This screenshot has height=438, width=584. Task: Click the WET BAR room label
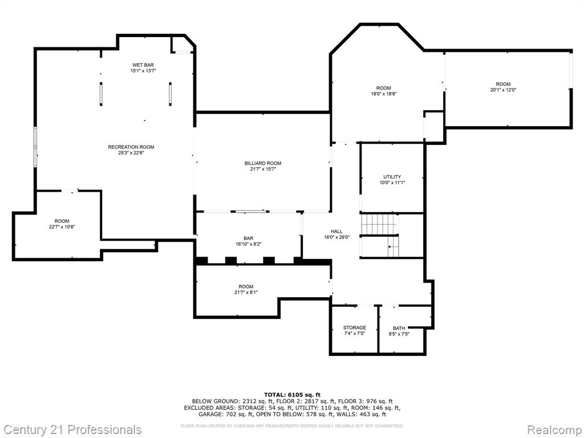pos(143,65)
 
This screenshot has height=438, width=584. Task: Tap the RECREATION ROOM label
pos(131,147)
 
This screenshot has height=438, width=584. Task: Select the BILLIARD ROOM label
pos(263,163)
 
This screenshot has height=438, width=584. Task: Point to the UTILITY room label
pos(392,177)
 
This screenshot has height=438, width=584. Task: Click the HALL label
pos(336,232)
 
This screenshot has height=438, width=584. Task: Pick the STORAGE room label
pos(355,328)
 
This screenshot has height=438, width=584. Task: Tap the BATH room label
pos(399,328)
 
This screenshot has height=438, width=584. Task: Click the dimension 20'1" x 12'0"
pos(503,90)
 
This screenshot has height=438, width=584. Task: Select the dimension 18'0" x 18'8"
pos(384,94)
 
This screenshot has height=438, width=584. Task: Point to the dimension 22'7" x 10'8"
pos(62,227)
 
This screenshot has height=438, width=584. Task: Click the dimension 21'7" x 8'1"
pos(246,293)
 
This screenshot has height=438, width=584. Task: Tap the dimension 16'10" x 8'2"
pos(249,244)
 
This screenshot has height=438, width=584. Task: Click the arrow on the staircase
pos(391,246)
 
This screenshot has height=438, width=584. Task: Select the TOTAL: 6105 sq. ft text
pos(293,395)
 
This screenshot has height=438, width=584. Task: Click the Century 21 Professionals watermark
pos(72,430)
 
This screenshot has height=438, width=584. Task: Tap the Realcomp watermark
pos(554,430)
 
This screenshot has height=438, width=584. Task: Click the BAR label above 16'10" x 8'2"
pos(249,238)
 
